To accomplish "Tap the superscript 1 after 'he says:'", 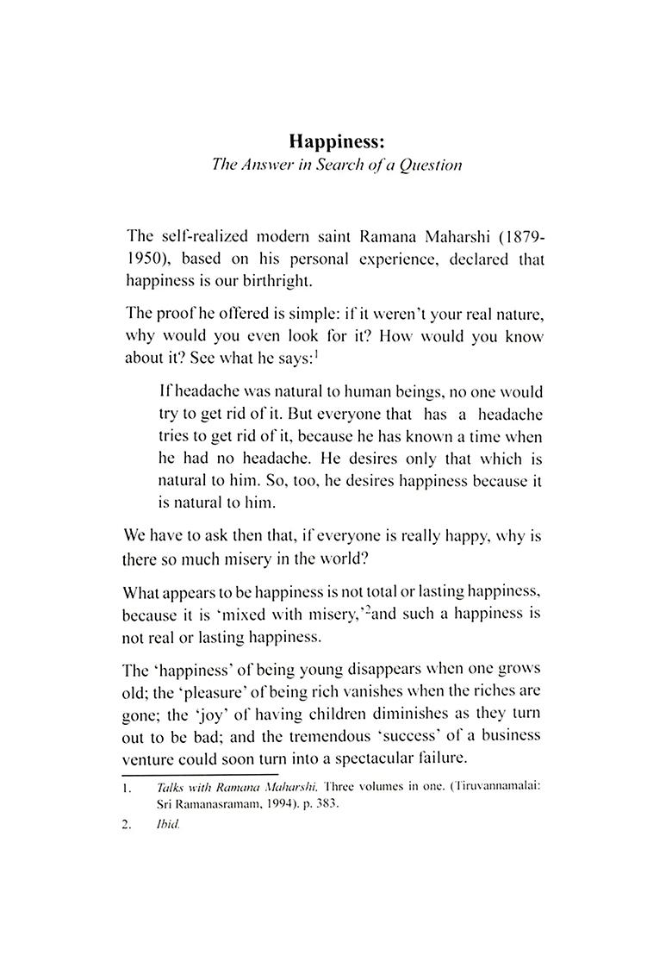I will click(319, 352).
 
